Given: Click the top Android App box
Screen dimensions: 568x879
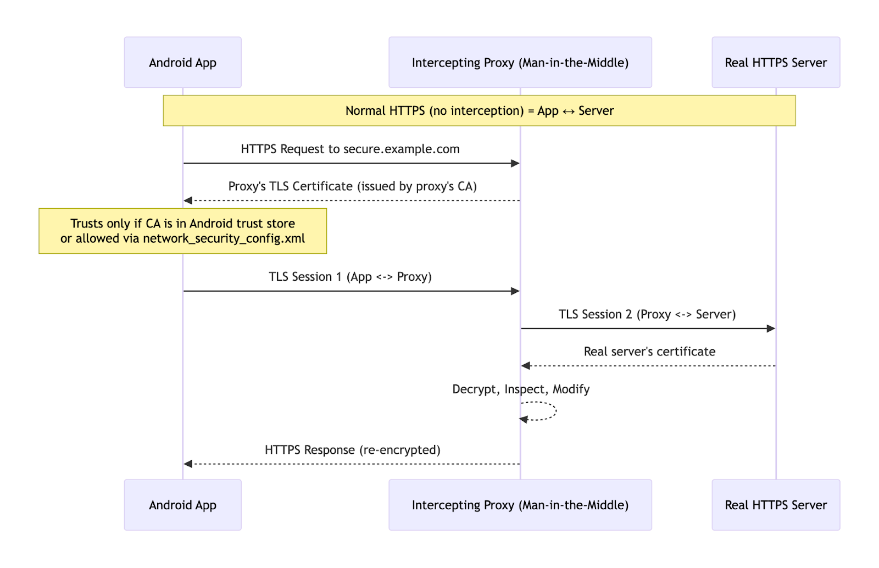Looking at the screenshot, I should click(x=182, y=63).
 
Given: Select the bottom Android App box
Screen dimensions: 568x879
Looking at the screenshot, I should click(x=182, y=505).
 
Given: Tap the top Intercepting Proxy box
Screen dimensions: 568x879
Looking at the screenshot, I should click(x=520, y=63).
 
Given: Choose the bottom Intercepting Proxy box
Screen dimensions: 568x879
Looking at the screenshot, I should click(x=520, y=505).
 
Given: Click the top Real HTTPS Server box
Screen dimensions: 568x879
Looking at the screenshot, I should click(x=775, y=63).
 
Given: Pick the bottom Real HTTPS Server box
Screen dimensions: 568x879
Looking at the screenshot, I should click(x=775, y=505).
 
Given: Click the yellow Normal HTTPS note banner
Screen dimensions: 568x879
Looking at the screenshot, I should click(x=479, y=111).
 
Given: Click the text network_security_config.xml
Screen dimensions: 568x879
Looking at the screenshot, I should click(x=224, y=239).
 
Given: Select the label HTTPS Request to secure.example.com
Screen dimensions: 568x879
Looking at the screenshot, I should click(x=350, y=149).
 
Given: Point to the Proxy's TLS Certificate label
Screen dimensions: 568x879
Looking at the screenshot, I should click(x=352, y=187).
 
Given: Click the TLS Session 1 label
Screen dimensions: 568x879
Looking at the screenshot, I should click(x=350, y=277).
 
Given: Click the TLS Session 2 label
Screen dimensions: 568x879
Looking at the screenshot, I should click(x=647, y=315).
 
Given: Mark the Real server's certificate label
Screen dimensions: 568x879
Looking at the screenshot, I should click(x=649, y=352).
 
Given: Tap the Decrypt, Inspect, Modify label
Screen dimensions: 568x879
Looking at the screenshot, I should click(x=520, y=389).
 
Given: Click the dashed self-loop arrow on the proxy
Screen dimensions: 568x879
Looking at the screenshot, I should click(x=555, y=411).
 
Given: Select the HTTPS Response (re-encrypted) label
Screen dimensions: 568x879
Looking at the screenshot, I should click(x=352, y=450).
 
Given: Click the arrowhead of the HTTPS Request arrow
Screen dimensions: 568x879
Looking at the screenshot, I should click(x=515, y=163).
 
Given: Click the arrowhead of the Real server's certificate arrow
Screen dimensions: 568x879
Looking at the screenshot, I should click(x=526, y=366).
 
